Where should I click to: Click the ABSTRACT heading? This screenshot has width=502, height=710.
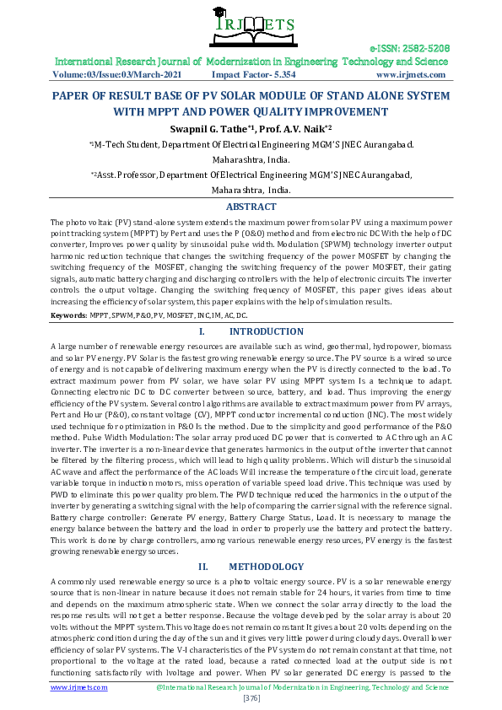tap(251, 207)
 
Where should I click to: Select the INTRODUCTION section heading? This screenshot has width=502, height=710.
tap(267, 332)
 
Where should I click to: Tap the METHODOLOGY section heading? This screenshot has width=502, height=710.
tap(267, 567)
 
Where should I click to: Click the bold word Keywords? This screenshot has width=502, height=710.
tap(67, 315)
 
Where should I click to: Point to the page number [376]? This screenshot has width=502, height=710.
tap(251, 698)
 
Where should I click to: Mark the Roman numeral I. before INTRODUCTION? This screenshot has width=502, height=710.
tap(202, 332)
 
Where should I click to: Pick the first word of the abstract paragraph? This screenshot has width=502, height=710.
tap(59, 221)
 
